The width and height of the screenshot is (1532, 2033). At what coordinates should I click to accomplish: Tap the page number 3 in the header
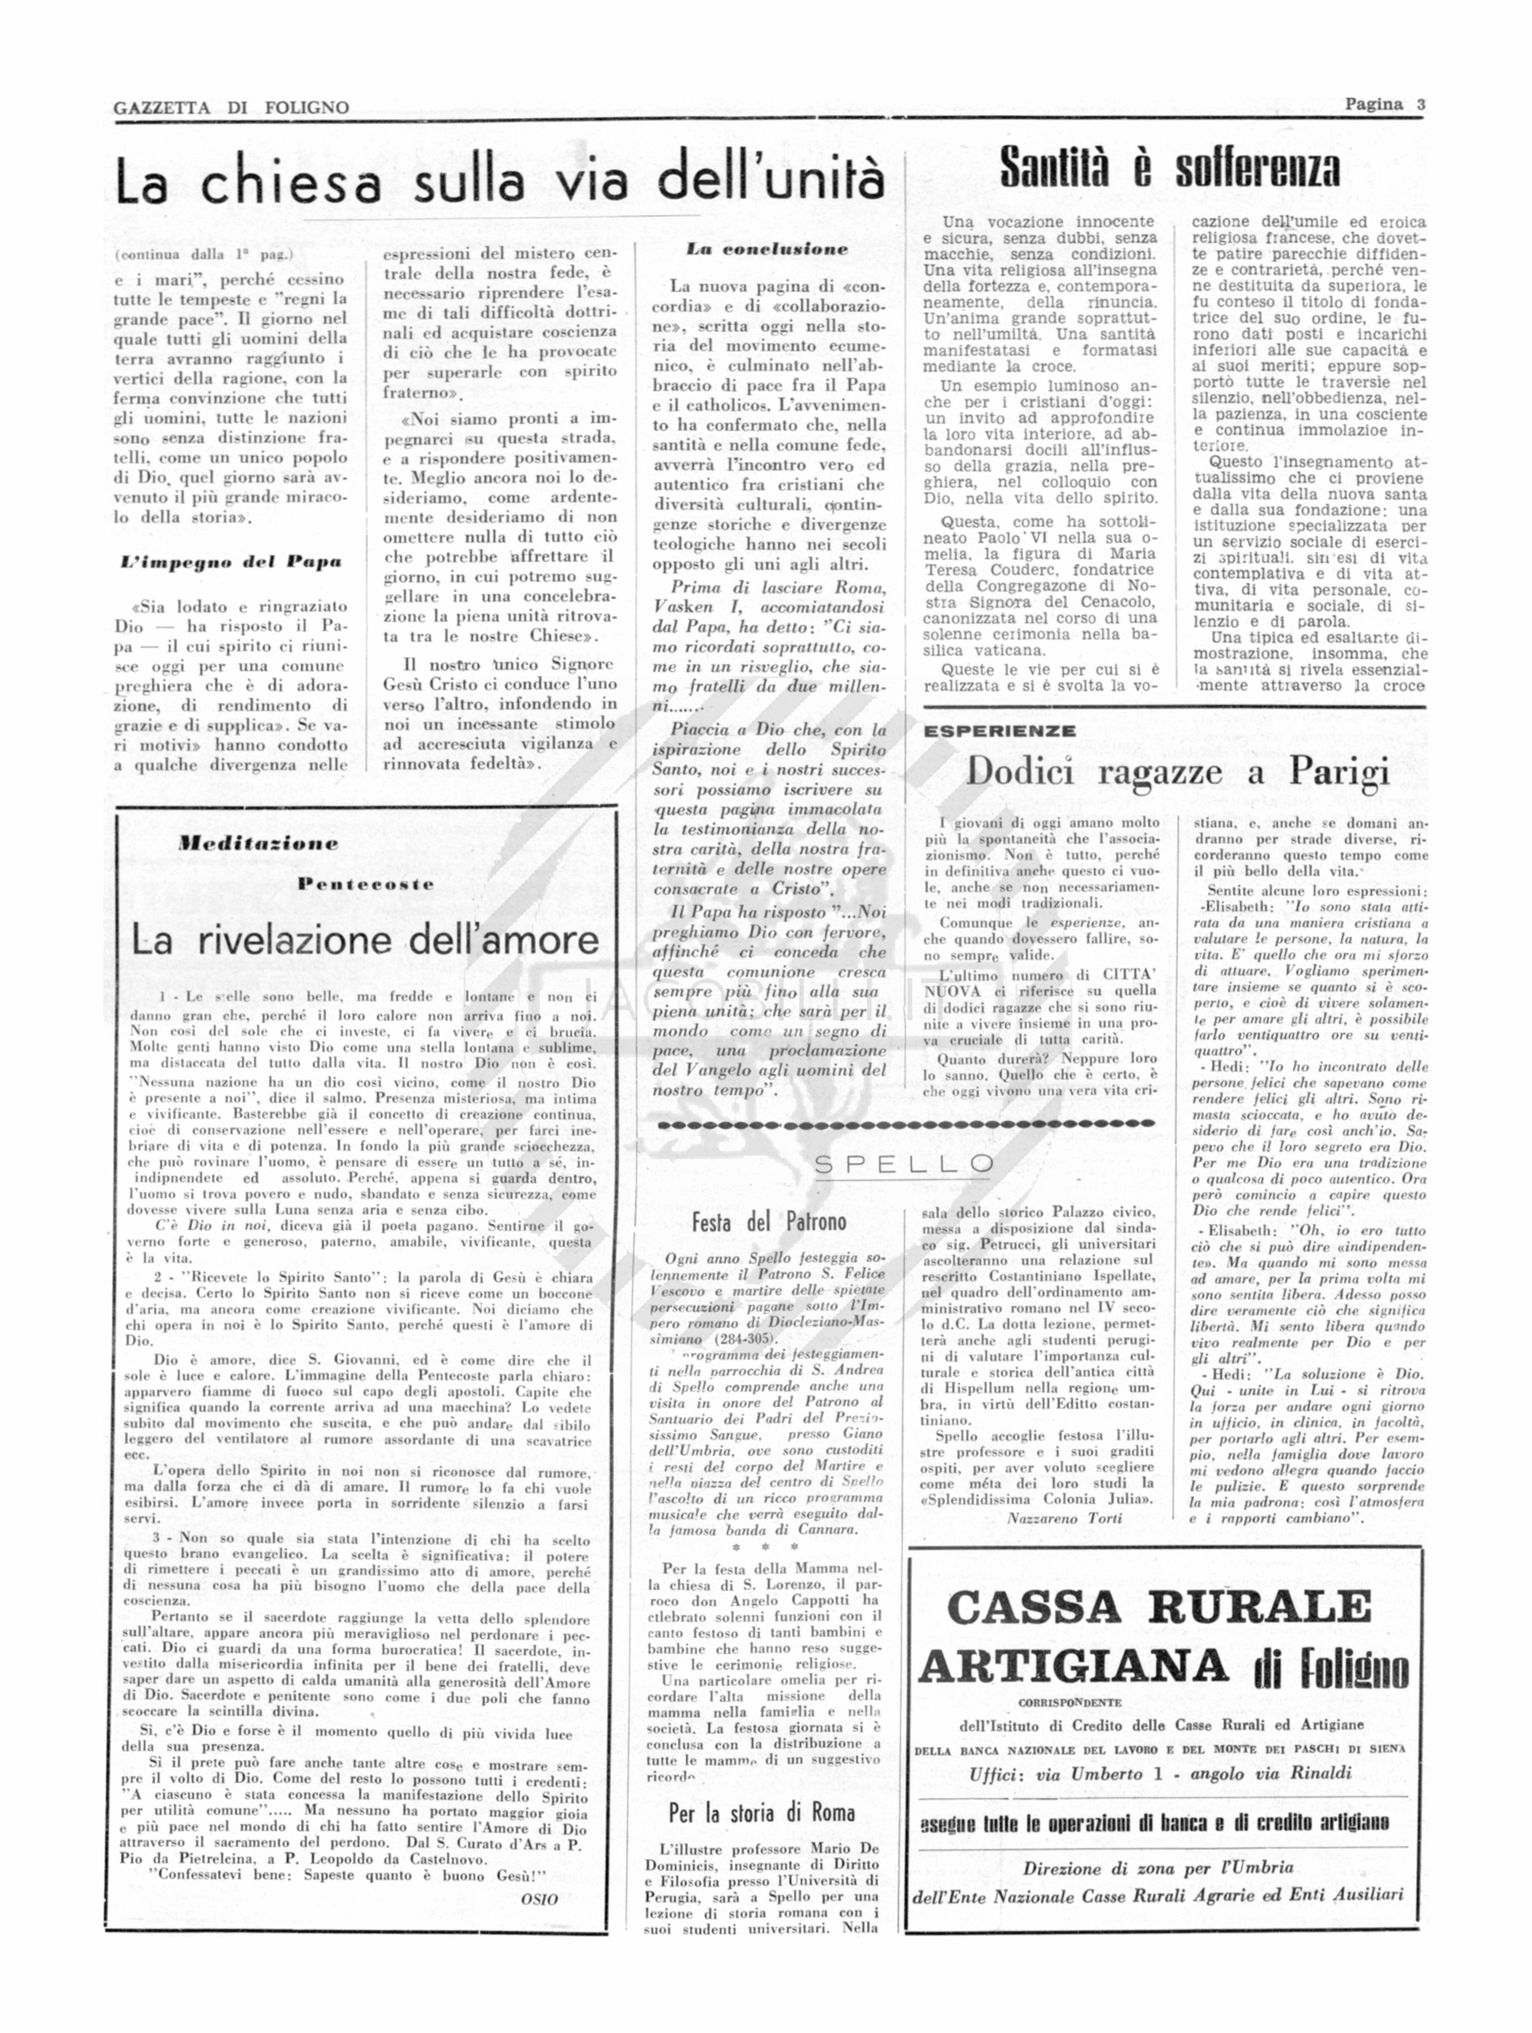point(1420,104)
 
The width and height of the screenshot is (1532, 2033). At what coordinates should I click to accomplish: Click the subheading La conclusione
point(767,248)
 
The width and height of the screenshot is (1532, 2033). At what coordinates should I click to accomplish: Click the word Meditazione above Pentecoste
point(258,843)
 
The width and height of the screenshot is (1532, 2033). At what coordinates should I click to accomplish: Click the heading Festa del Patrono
point(768,1222)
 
